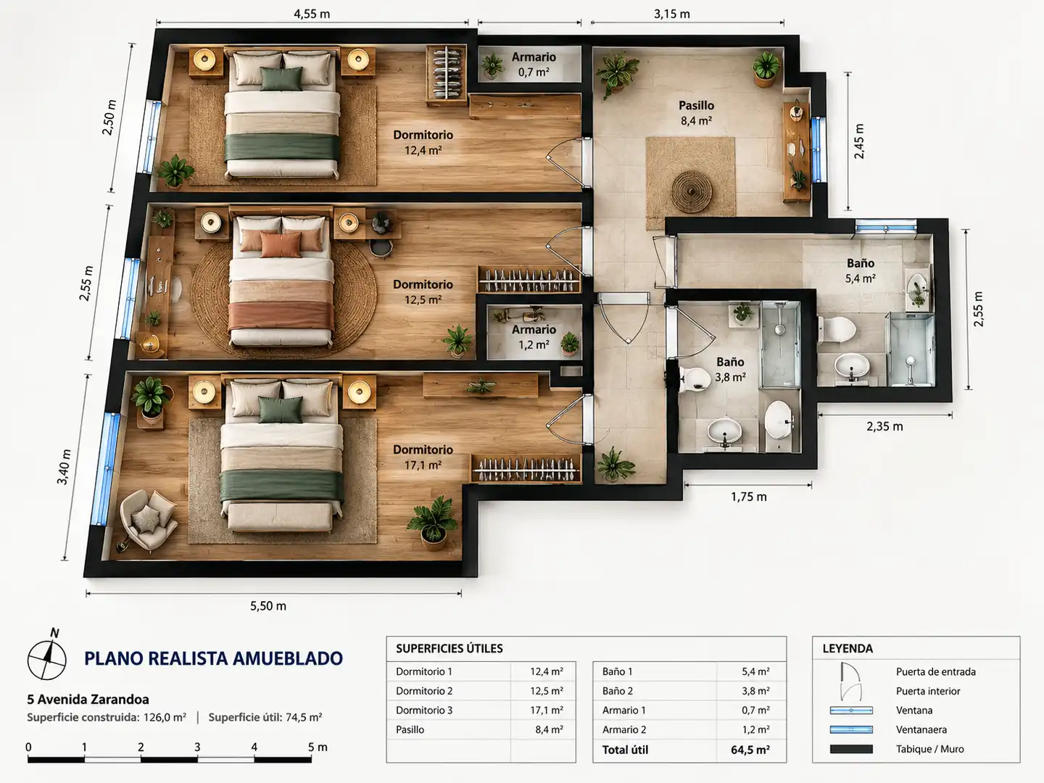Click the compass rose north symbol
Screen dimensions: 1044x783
point(46,658)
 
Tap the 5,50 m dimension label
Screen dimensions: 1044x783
point(268,605)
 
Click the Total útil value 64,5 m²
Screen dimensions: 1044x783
point(750,750)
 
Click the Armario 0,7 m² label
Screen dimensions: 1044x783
point(534,65)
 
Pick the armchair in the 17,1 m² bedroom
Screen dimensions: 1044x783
point(148,518)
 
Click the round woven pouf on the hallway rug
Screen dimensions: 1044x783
point(692,192)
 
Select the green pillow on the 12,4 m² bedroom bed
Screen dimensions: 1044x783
point(281,78)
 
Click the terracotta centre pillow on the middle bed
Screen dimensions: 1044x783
point(281,245)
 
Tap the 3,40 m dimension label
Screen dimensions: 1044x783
point(64,467)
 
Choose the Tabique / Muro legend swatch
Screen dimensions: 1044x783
point(851,749)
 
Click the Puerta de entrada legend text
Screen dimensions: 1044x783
point(935,672)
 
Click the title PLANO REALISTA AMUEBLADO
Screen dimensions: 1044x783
point(214,658)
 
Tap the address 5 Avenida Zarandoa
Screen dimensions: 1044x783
point(88,700)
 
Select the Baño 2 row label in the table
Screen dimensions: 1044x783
point(618,691)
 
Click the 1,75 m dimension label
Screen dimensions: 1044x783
point(749,497)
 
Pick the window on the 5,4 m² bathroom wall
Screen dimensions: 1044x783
point(886,228)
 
